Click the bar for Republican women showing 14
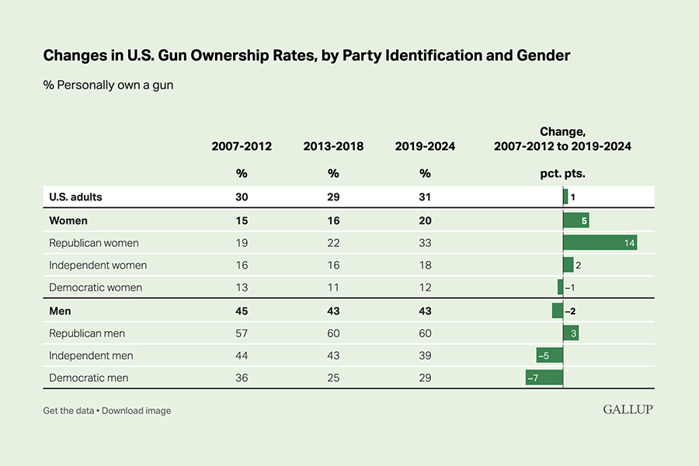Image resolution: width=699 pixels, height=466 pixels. (x=600, y=243)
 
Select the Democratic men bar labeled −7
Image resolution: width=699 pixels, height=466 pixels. (x=544, y=377)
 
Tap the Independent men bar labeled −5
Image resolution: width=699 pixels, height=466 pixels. (x=549, y=355)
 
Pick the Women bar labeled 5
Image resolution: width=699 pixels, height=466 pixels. (x=576, y=221)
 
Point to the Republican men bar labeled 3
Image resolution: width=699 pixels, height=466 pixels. (x=571, y=333)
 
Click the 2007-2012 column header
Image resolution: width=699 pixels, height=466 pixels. (x=242, y=146)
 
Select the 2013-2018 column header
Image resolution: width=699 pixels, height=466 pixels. (x=333, y=146)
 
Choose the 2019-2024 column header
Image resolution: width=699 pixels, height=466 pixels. (x=425, y=146)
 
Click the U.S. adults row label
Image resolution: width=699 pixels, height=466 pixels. (x=75, y=197)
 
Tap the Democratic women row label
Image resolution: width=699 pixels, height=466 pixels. (x=96, y=287)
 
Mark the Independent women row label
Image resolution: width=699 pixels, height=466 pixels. (x=98, y=265)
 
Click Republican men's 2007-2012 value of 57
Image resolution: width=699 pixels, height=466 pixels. (x=242, y=333)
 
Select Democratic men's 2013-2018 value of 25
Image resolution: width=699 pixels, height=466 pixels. (x=333, y=377)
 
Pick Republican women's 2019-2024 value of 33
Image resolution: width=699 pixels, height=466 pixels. (x=425, y=243)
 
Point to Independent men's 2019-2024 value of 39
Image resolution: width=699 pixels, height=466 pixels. (x=425, y=355)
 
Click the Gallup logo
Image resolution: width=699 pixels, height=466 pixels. (x=628, y=409)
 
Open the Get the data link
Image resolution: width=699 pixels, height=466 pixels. (x=68, y=410)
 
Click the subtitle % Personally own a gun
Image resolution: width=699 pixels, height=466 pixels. (x=108, y=85)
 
